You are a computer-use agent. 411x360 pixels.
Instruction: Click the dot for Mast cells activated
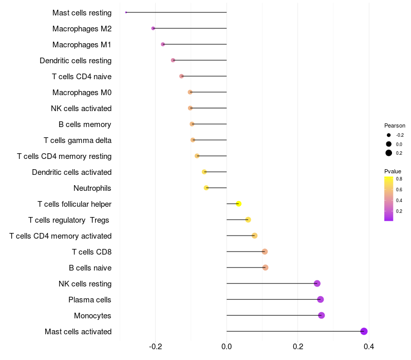pos(364,331)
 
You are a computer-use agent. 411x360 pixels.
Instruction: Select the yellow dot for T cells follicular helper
pos(238,204)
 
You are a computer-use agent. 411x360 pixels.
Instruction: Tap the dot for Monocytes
pos(322,315)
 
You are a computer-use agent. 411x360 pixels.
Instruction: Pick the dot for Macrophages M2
pos(153,28)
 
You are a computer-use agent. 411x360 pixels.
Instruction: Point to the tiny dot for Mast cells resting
pos(126,12)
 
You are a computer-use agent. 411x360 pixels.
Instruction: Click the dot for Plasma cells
pos(320,299)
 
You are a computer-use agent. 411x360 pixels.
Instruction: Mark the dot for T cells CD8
pos(265,251)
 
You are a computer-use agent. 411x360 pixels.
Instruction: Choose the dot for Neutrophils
pos(207,188)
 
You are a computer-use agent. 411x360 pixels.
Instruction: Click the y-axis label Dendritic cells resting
pos(76,61)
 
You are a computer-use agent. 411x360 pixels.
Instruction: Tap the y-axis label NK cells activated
pos(81,109)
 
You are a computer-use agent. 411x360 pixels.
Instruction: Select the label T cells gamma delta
pos(78,140)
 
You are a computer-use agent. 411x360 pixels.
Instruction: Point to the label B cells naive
pos(90,268)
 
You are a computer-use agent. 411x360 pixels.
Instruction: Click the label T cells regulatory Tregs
pos(69,220)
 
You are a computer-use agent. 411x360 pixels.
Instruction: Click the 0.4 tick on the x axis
pos(369,347)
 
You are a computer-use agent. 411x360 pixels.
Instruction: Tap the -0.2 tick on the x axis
pos(155,347)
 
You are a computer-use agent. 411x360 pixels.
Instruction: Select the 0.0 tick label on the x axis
pos(227,347)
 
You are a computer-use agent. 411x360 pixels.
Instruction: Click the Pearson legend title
pos(395,125)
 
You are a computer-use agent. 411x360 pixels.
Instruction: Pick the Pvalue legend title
pos(393,171)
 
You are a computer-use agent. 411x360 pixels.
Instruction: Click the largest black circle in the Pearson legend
pos(389,153)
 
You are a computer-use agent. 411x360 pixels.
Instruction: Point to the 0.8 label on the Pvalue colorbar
pos(399,179)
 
